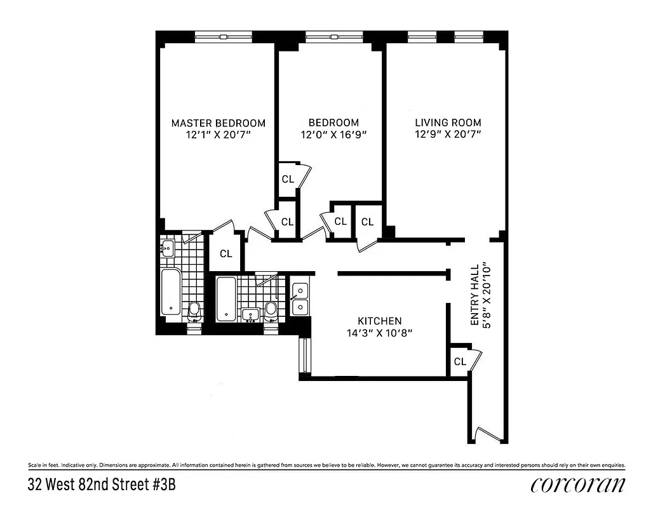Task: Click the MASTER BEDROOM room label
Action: click(x=218, y=123)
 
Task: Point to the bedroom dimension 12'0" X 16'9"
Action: click(x=333, y=135)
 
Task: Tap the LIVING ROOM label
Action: click(x=448, y=123)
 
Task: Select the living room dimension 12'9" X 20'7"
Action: click(x=448, y=135)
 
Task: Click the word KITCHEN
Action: click(x=379, y=321)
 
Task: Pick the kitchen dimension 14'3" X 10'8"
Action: click(x=379, y=333)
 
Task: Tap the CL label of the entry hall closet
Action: click(x=460, y=361)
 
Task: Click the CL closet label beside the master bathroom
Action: click(x=225, y=253)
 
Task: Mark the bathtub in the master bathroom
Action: click(x=171, y=293)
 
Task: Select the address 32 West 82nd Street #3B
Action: click(x=101, y=485)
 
